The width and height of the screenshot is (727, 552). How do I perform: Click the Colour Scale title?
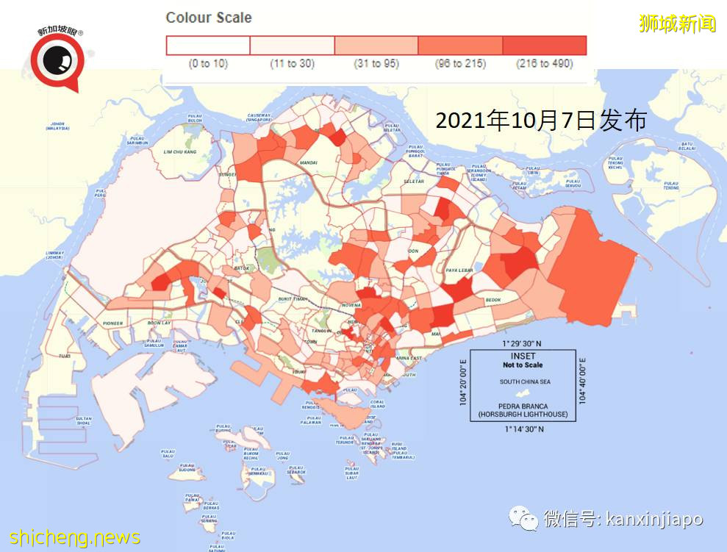[x=209, y=18]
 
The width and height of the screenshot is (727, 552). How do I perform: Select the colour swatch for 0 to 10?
[x=209, y=46]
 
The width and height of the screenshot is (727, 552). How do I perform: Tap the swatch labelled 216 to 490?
[x=544, y=46]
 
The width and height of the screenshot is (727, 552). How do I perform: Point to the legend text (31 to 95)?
[x=376, y=64]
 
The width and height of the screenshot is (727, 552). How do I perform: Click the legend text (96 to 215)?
[x=459, y=64]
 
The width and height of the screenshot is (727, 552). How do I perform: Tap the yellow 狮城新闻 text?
[x=677, y=24]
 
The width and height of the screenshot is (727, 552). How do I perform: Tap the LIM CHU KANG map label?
[x=180, y=151]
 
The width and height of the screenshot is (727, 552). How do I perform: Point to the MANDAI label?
[x=308, y=162]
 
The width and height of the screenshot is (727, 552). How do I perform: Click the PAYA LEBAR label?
[x=459, y=270]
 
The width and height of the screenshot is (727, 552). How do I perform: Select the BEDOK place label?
[x=493, y=300]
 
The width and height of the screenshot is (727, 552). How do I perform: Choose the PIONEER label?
[x=113, y=323]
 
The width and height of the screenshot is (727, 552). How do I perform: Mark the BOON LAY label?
[x=158, y=323]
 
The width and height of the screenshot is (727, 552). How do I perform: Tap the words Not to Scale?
[x=523, y=365]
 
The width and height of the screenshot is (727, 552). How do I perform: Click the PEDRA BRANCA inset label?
[x=523, y=406]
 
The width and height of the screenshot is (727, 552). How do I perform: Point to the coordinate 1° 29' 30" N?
[x=522, y=344]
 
